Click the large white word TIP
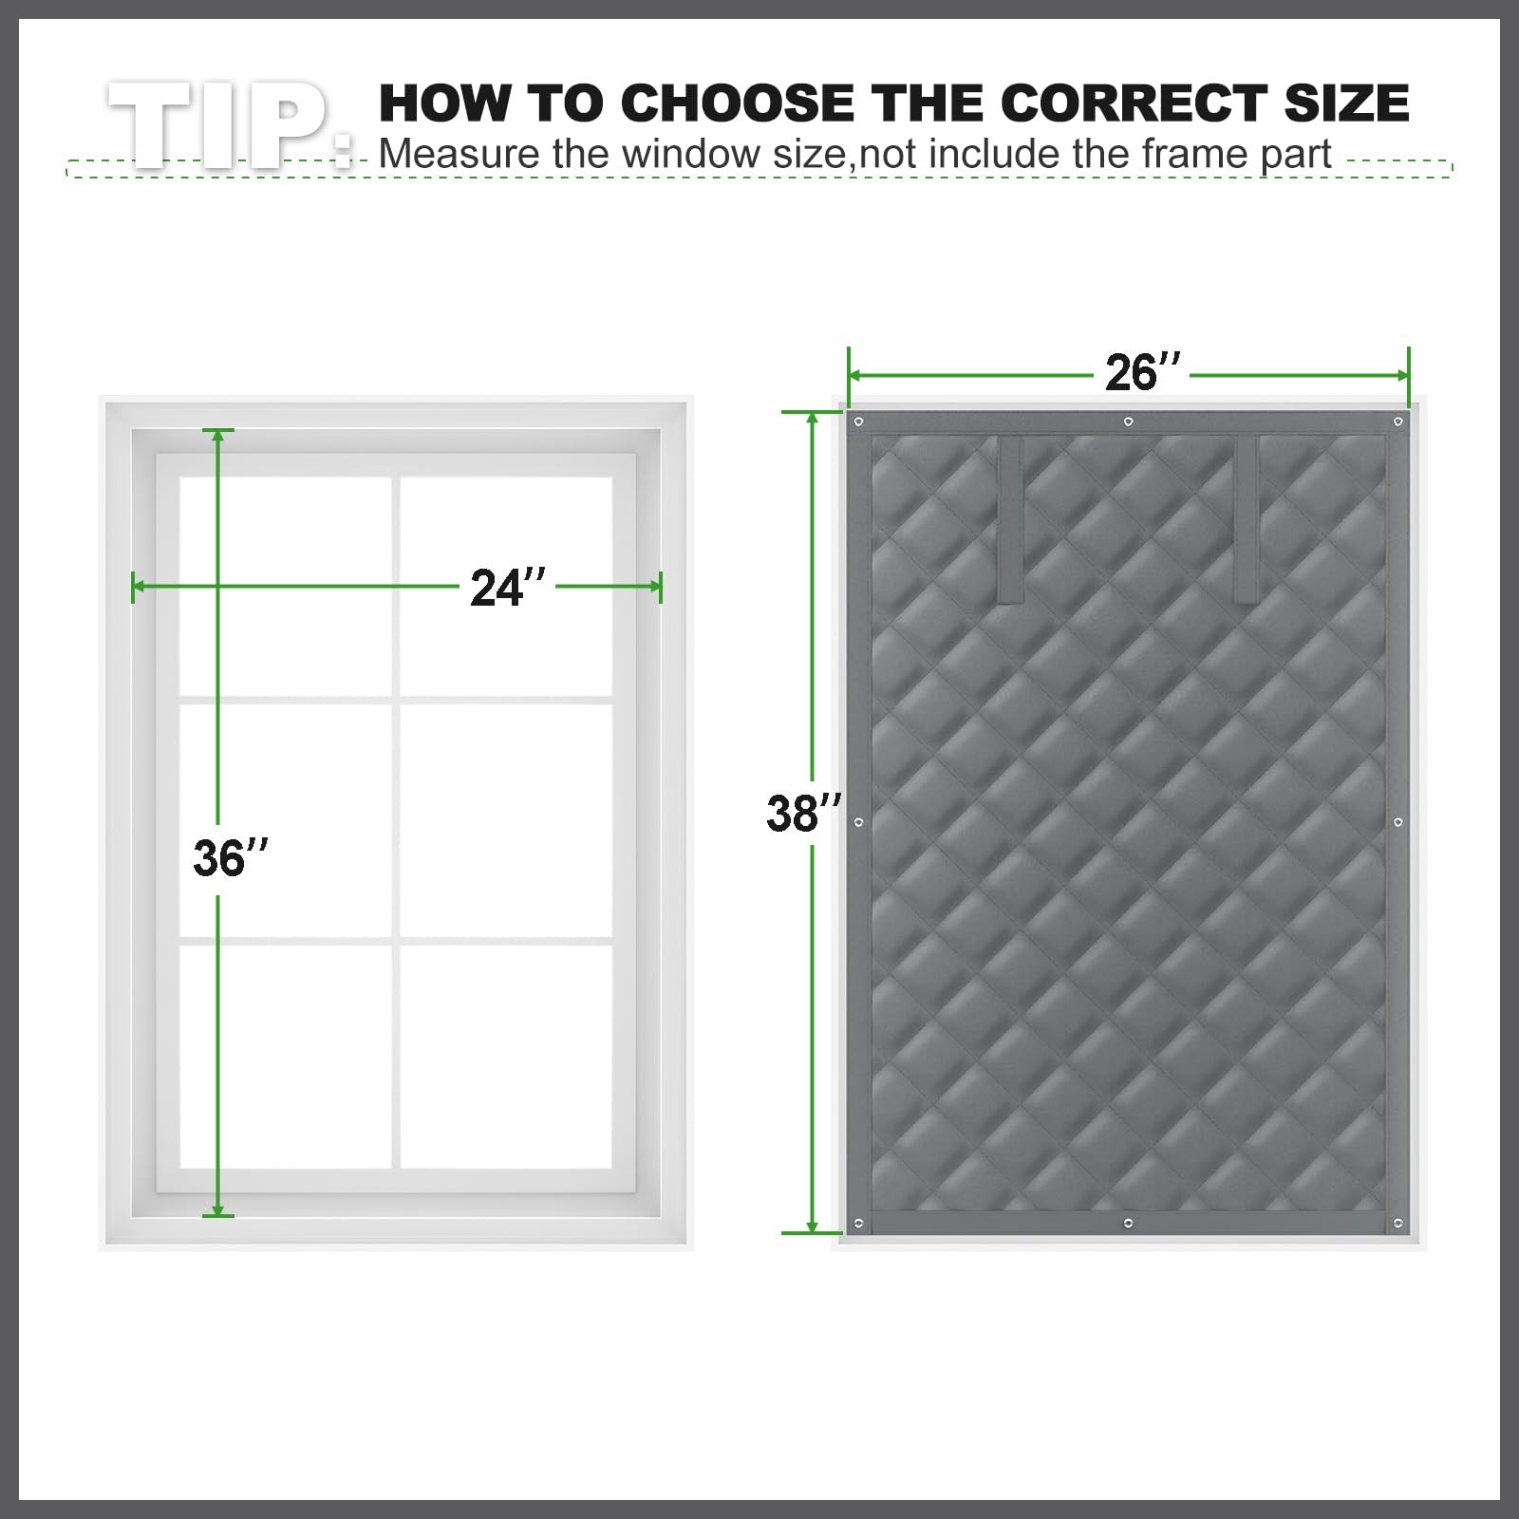coord(228,125)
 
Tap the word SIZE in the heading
coord(1346,103)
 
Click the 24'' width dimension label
coord(509,588)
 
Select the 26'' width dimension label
coord(1143,372)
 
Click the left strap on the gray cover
coord(1009,520)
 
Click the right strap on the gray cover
coord(1246,520)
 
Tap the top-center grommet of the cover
coord(1128,422)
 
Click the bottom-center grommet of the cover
coord(1128,1223)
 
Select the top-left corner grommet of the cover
coord(858,422)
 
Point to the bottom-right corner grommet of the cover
coord(1397,1223)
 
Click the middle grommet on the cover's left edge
coord(858,822)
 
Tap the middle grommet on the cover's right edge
coord(1397,822)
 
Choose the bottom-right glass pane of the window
coord(506,1057)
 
